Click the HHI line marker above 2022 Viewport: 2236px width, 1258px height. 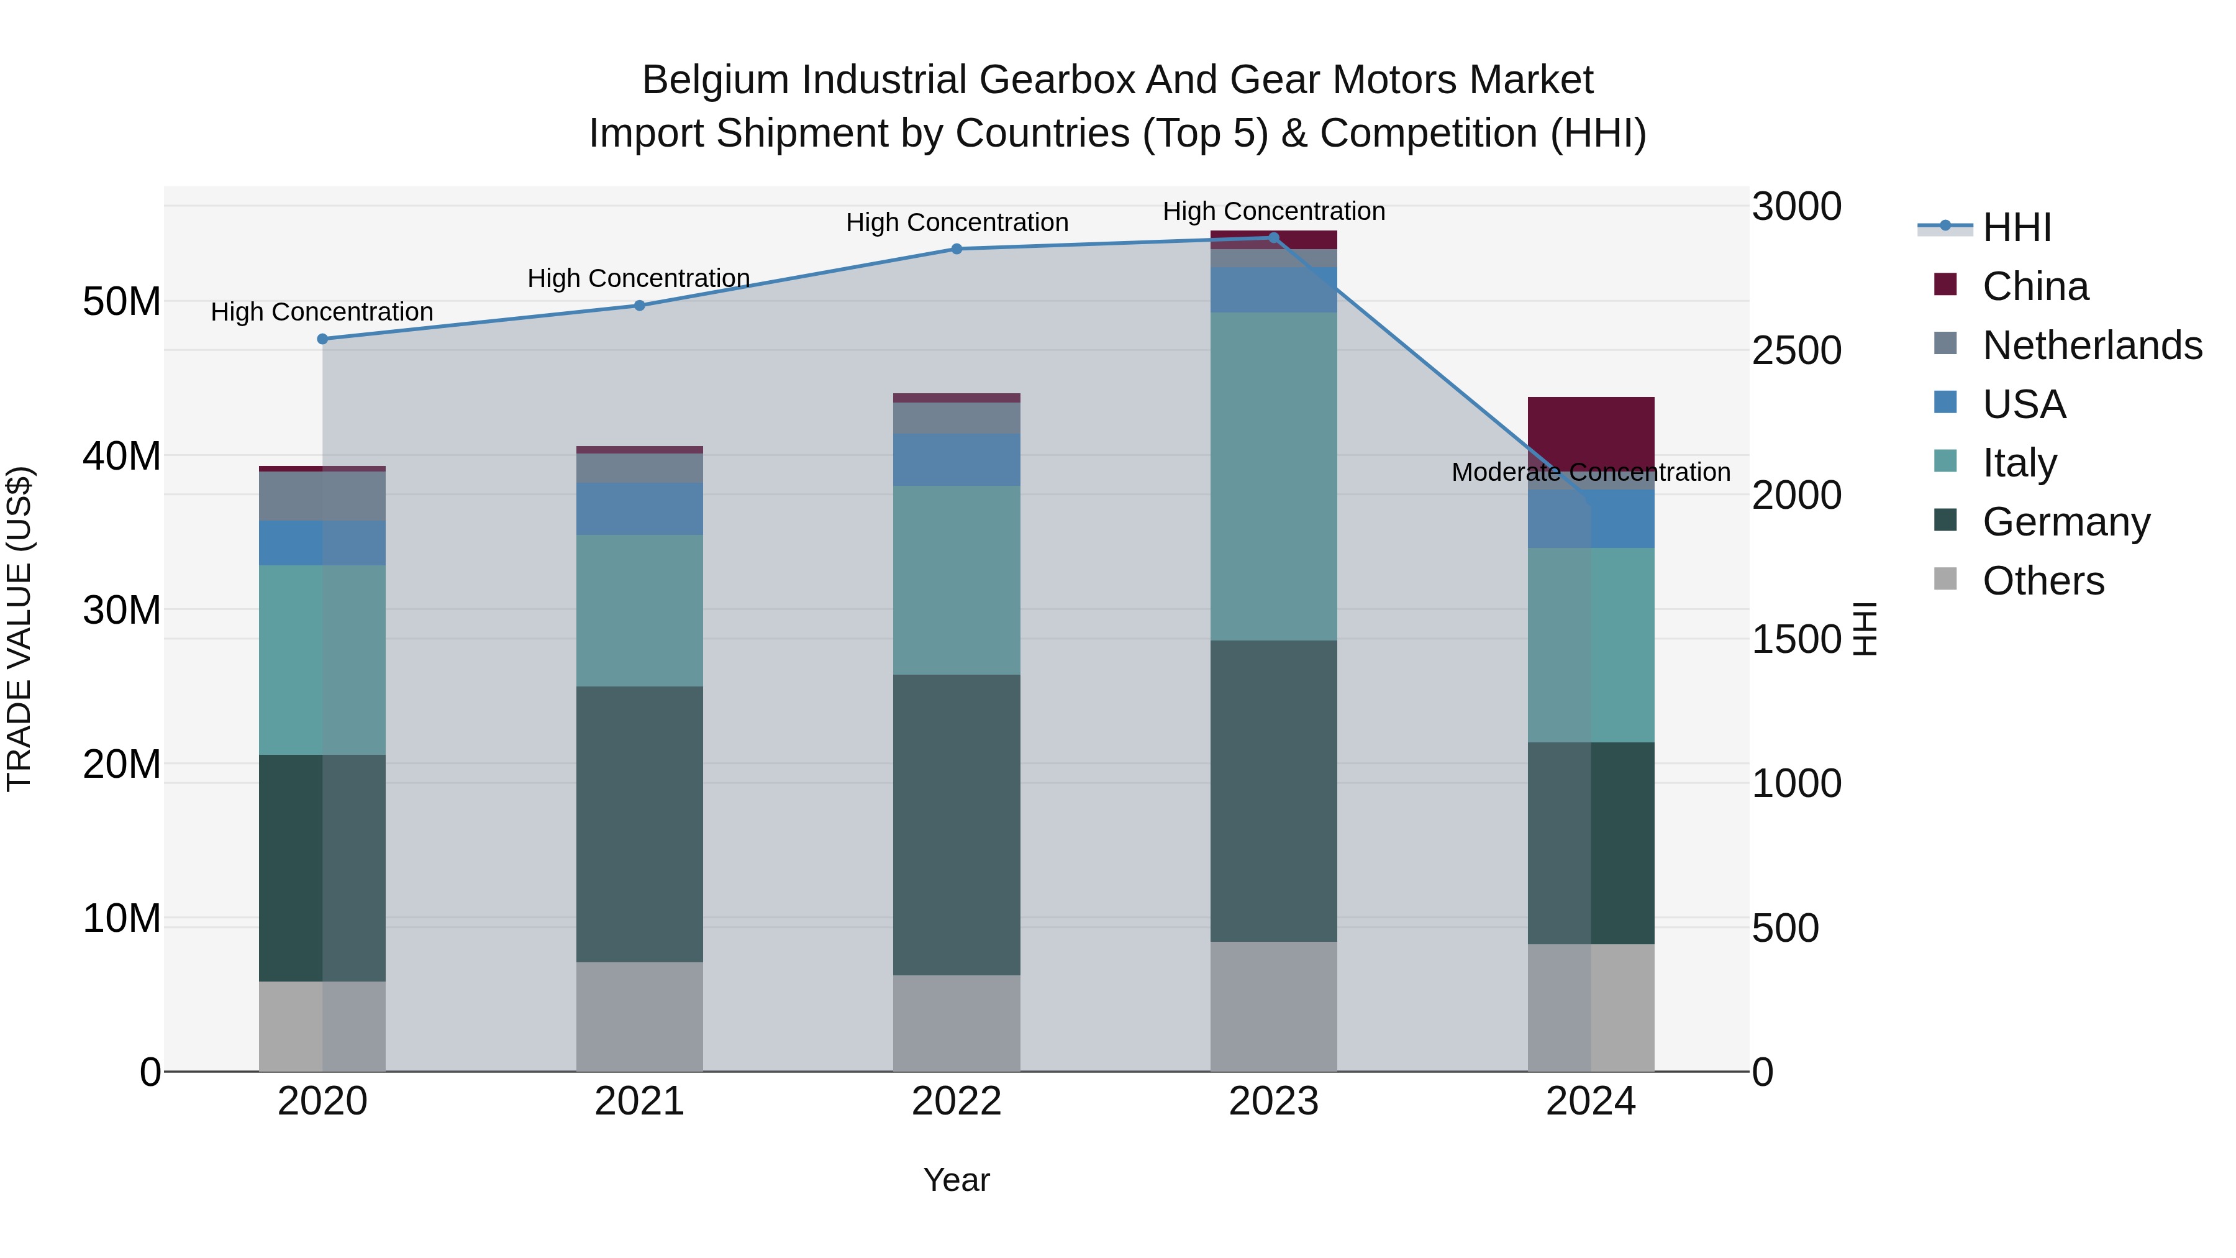point(957,249)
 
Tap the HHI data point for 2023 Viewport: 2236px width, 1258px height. point(1273,238)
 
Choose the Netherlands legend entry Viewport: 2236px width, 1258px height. point(2091,345)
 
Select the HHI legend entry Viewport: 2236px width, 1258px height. point(2016,227)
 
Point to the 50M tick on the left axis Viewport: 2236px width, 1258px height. point(122,302)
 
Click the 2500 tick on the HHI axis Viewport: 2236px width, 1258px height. point(1796,351)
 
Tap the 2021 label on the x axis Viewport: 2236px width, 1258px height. point(639,1101)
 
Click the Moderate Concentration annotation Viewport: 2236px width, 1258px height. point(1590,472)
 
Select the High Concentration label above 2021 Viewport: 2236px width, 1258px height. point(639,279)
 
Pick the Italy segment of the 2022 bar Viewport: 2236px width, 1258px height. point(957,580)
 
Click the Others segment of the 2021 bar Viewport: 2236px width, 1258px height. point(639,1016)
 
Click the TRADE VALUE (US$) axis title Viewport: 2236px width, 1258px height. point(19,629)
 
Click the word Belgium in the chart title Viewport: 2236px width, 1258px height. point(717,81)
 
